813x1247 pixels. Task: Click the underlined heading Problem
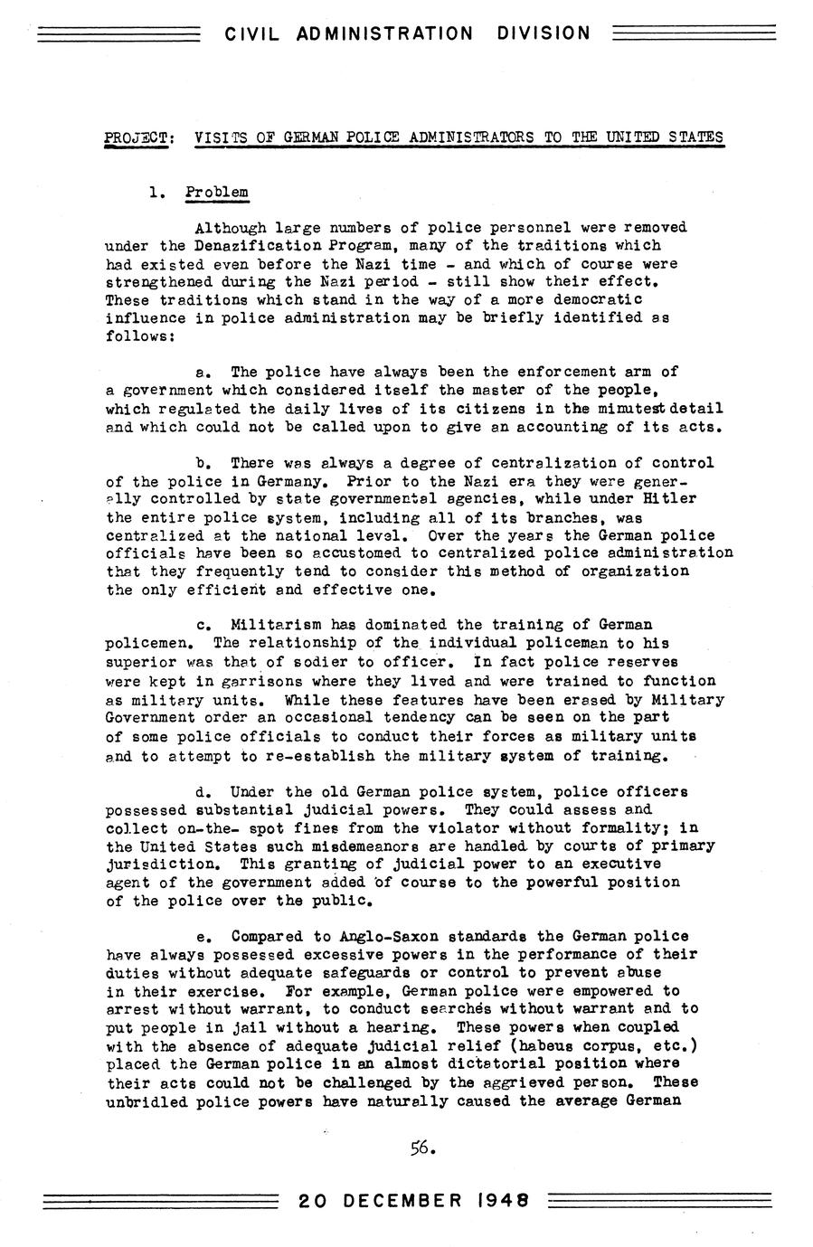click(x=217, y=193)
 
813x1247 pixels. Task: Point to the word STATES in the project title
click(x=695, y=138)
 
